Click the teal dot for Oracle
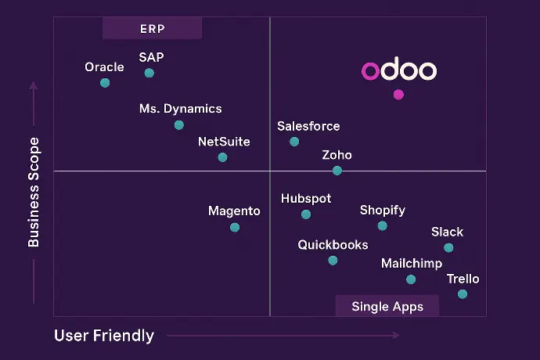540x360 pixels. coord(105,83)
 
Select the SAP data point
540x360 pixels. coord(149,73)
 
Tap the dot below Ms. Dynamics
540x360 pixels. coord(179,125)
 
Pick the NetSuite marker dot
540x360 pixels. coord(222,157)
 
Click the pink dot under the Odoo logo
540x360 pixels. coord(398,95)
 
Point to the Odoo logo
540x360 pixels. coord(399,71)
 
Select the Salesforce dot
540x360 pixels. coord(294,142)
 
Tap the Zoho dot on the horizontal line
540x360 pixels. coord(337,171)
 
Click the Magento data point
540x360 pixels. coord(235,228)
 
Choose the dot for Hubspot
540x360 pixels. coord(306,214)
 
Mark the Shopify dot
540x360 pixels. coord(382,226)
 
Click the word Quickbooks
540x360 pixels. coord(333,245)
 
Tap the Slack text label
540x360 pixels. coord(447,232)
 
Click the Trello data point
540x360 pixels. coord(463,294)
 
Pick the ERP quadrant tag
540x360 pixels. coord(153,29)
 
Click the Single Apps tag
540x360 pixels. coord(387,306)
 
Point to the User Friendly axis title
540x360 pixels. coord(104,336)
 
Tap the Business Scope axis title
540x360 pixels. coord(34,193)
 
